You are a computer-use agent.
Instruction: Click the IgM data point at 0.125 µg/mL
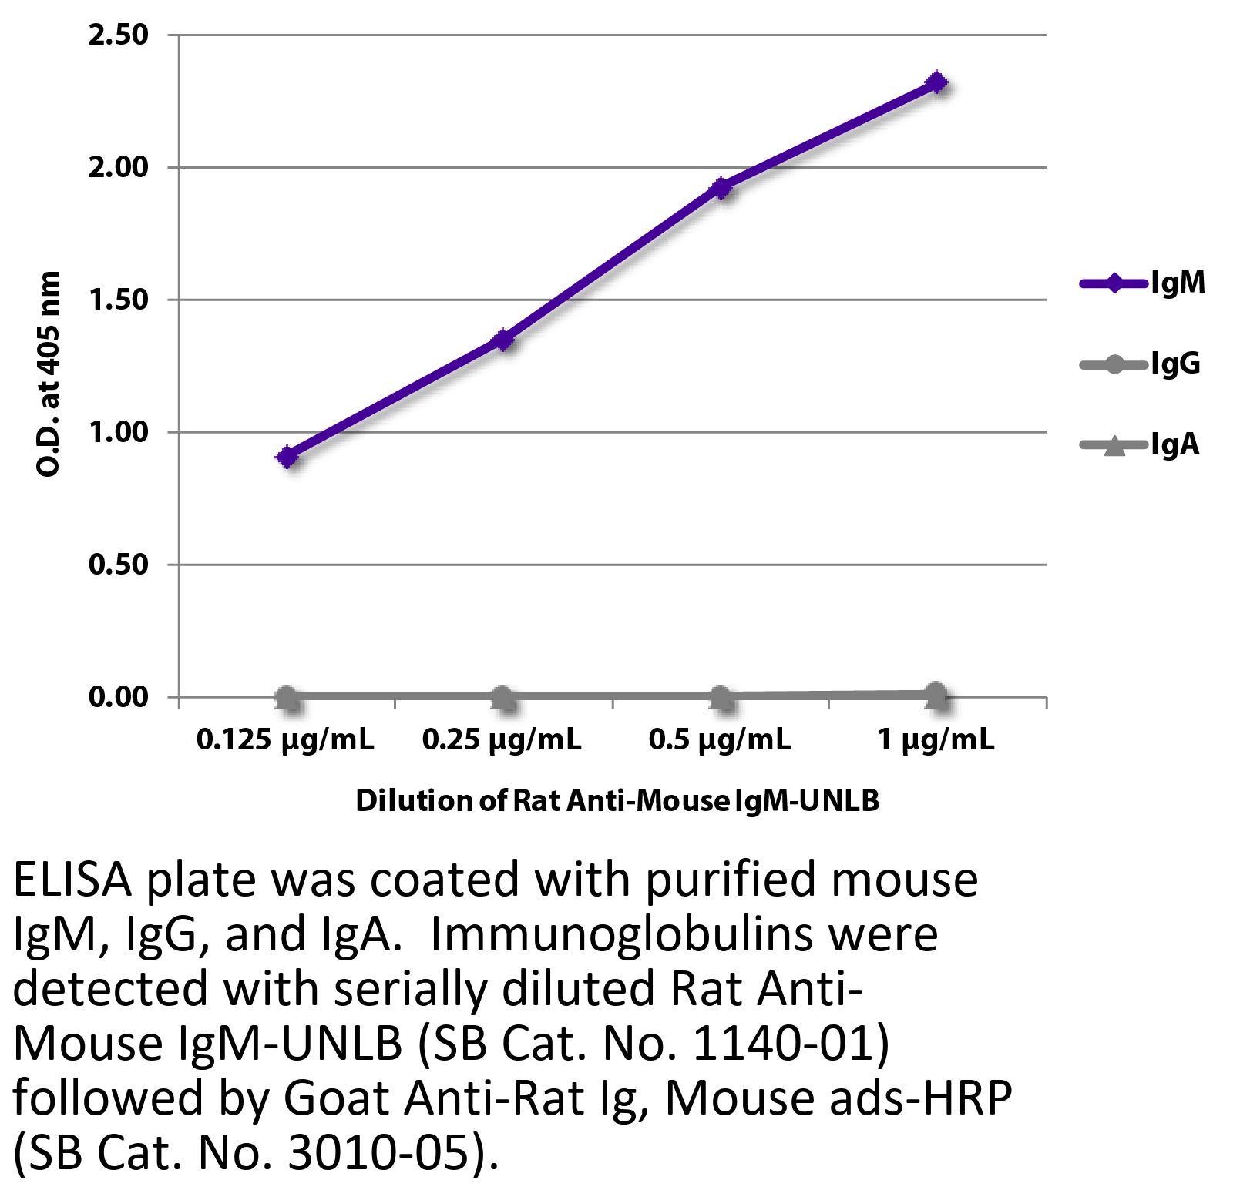point(287,457)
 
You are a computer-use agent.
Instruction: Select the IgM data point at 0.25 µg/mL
point(504,339)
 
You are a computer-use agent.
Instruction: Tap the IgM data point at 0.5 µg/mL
point(721,187)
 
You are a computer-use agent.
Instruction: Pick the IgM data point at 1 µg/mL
point(937,82)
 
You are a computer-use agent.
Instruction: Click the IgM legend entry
point(1142,284)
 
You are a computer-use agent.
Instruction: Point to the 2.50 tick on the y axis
point(119,35)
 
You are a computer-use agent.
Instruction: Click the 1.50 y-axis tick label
point(119,300)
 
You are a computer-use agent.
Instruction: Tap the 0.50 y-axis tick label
point(119,565)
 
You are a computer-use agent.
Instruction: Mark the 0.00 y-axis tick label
point(119,697)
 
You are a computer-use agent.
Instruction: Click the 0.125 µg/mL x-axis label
point(285,740)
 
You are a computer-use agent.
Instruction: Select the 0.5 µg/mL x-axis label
point(720,740)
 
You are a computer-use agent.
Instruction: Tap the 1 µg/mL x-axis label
point(936,740)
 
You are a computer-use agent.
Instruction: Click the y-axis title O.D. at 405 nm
point(49,374)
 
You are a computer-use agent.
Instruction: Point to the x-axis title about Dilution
point(617,801)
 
